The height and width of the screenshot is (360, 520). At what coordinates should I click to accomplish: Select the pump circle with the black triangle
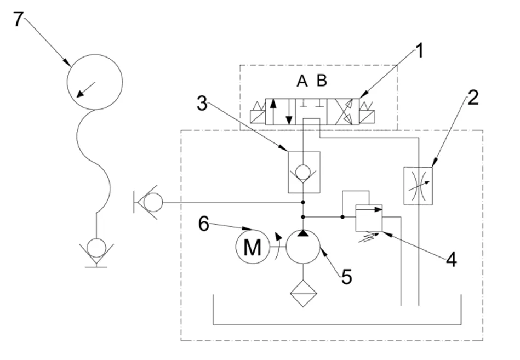pos(303,247)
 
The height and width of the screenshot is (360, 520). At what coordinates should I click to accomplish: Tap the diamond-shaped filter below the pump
pos(303,294)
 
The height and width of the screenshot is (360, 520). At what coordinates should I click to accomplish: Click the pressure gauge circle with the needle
pos(95,82)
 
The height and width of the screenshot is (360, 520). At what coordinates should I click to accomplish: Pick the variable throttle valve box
pos(418,186)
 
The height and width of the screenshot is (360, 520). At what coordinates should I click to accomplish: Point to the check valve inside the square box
pos(304,173)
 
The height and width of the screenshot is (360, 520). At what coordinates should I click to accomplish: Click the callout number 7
pos(18,19)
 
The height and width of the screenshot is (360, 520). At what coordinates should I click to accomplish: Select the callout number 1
pos(419,52)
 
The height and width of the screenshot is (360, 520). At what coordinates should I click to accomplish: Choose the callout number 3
pos(202,104)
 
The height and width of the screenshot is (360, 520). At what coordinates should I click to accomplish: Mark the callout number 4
pos(452,259)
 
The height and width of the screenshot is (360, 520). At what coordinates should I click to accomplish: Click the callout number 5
pos(346,277)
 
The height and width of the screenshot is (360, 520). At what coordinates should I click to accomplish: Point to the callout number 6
pos(204,224)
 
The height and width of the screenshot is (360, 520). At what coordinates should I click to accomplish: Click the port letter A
pos(302,81)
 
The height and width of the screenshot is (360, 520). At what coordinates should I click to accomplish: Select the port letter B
pos(322,81)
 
